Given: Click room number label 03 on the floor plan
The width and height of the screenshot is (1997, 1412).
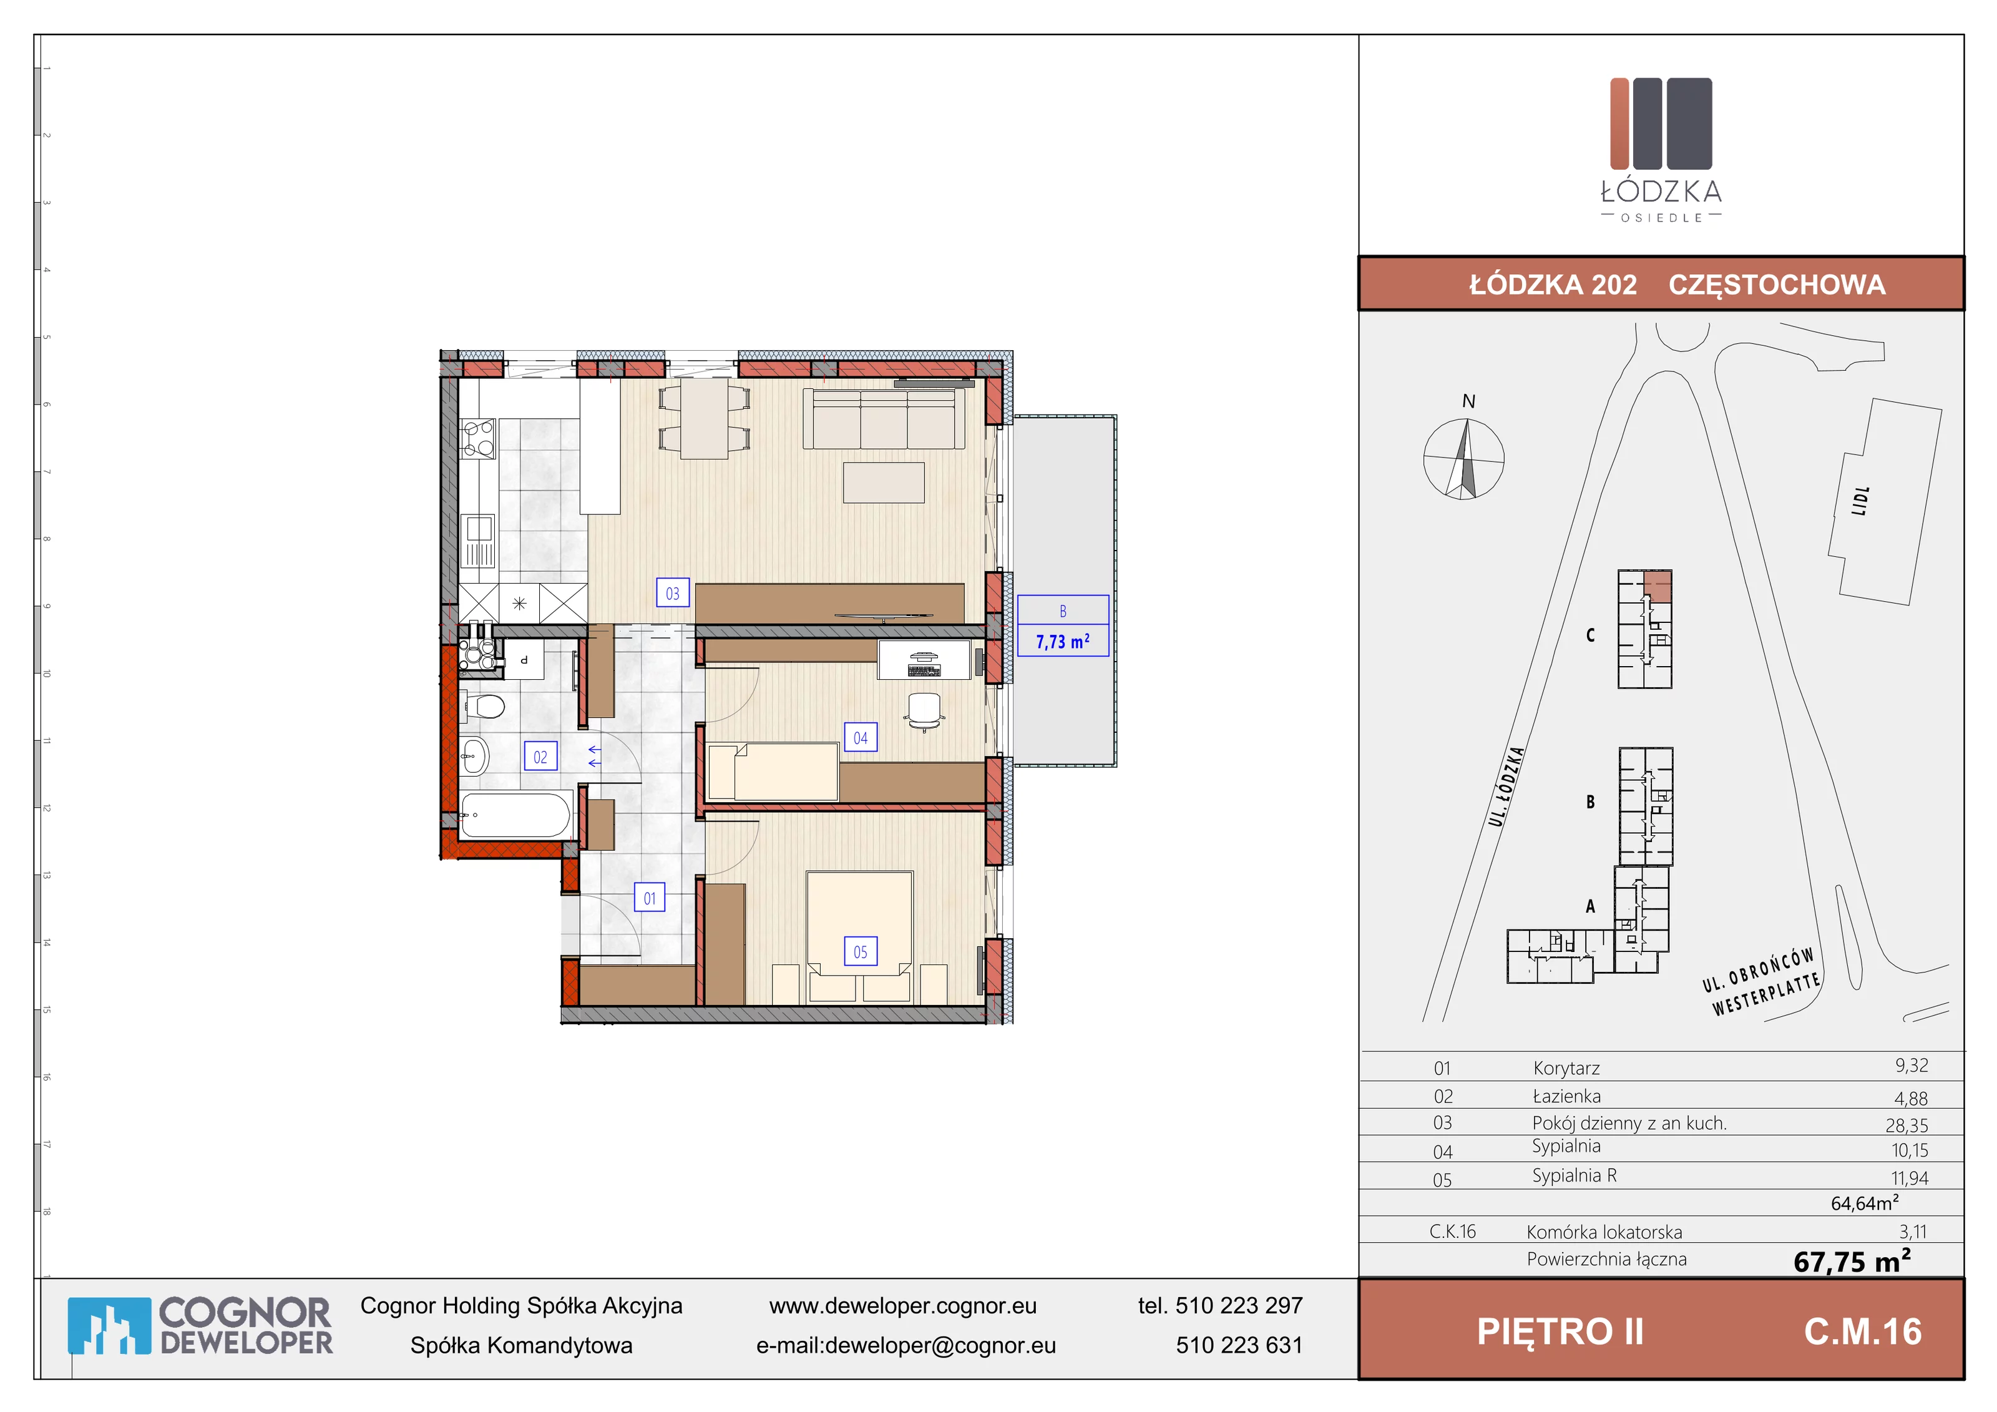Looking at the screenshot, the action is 672,594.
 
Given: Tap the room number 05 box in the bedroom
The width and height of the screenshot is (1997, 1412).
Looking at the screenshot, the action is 860,952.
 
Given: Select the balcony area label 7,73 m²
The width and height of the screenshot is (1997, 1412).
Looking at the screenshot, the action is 1062,641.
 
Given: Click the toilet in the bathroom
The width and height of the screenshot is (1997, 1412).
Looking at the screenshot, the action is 484,705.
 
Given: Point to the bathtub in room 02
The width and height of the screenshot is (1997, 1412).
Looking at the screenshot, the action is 515,815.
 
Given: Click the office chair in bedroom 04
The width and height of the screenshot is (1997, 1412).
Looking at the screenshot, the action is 923,711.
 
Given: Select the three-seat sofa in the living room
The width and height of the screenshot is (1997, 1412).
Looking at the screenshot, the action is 884,418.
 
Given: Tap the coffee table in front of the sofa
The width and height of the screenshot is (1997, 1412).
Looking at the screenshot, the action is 884,483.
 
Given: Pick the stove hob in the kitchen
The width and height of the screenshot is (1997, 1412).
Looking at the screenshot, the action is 477,438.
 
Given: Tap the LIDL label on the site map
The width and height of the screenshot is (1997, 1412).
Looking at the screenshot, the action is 1860,501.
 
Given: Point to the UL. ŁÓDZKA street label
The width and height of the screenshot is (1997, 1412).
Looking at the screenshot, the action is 1506,787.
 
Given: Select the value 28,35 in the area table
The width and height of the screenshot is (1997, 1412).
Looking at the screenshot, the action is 1907,1125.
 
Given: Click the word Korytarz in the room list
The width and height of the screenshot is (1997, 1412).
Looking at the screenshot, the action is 1566,1068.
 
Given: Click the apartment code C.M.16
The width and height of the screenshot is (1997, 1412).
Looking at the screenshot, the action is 1863,1332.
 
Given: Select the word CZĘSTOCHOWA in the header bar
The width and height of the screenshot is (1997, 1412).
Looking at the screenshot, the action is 1777,285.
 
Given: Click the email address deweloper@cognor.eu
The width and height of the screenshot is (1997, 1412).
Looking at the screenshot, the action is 940,1345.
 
